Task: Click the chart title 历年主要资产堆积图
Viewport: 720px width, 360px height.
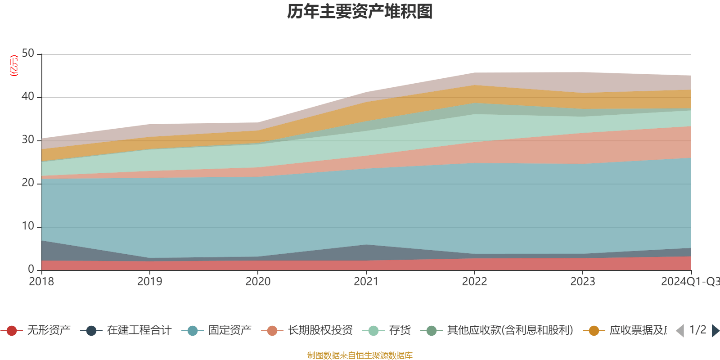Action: [x=360, y=12]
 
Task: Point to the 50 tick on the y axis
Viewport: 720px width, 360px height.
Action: [x=28, y=54]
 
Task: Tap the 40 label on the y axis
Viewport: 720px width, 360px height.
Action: [x=28, y=97]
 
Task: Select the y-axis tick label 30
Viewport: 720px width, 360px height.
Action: [x=28, y=140]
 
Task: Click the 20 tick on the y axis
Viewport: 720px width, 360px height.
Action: [x=28, y=183]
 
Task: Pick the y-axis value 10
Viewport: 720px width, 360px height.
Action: [x=28, y=226]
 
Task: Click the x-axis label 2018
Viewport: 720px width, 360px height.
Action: [x=41, y=282]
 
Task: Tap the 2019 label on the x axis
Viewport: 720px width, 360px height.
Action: [x=149, y=282]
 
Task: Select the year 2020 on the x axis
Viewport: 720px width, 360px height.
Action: [x=258, y=282]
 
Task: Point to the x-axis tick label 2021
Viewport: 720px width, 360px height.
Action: [x=366, y=282]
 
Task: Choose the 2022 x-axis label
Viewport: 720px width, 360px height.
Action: [x=474, y=282]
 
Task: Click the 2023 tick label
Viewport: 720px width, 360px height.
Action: [x=583, y=282]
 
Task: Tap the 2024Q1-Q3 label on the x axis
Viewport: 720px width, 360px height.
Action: [x=690, y=282]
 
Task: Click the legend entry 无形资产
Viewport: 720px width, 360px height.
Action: [x=49, y=331]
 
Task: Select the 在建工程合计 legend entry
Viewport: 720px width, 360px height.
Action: [x=139, y=331]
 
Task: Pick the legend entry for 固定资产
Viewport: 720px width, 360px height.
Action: [x=229, y=331]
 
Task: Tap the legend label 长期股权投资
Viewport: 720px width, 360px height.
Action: [x=320, y=331]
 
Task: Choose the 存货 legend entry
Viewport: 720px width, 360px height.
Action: [x=400, y=331]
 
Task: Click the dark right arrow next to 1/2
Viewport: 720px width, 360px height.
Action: [x=715, y=331]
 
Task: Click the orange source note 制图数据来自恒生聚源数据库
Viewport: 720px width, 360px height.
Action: [x=360, y=355]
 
